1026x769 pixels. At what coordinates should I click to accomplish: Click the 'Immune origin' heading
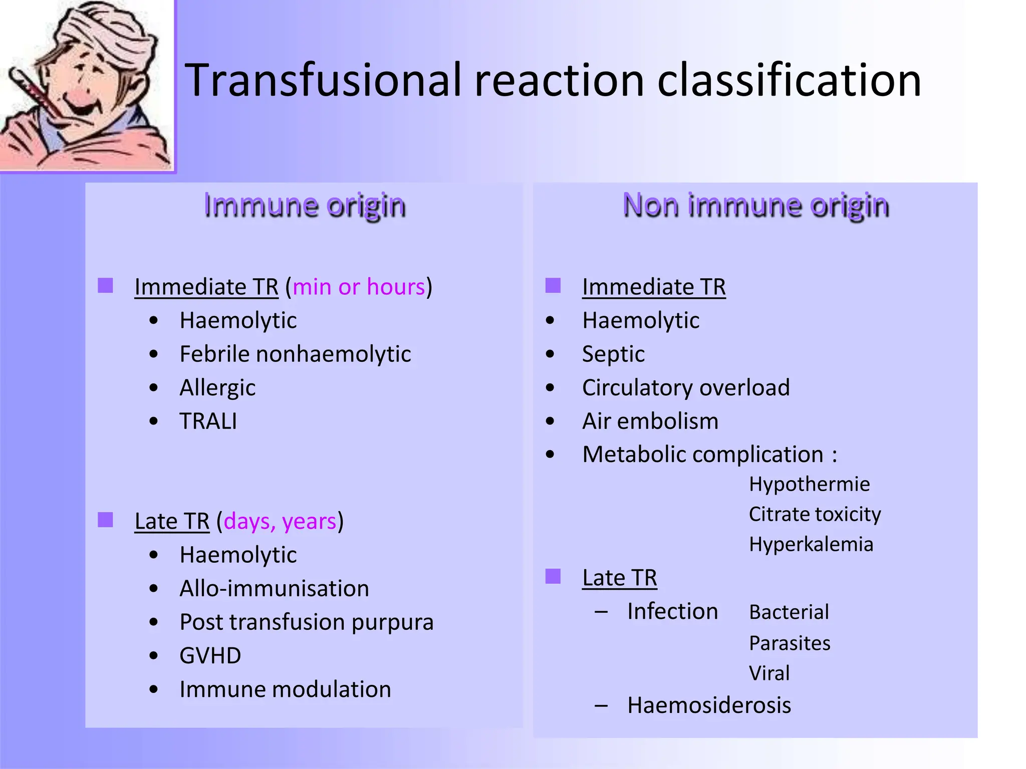pyautogui.click(x=305, y=205)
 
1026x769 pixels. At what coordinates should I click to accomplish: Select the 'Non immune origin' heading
pyautogui.click(x=755, y=205)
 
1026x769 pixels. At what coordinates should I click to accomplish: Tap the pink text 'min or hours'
pyautogui.click(x=359, y=287)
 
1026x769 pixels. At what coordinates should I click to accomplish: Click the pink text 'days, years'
pyautogui.click(x=280, y=522)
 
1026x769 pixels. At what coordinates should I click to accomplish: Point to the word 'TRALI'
pyautogui.click(x=208, y=421)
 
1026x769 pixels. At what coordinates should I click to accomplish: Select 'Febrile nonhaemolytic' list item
pyautogui.click(x=295, y=354)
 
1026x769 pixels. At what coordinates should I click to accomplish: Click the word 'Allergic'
pyautogui.click(x=217, y=388)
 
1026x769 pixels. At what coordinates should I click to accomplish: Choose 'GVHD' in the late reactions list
pyautogui.click(x=210, y=656)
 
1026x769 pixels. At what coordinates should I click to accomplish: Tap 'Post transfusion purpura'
pyautogui.click(x=306, y=622)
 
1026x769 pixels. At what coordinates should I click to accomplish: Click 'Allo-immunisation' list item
pyautogui.click(x=274, y=589)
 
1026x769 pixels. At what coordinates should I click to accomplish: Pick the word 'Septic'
pyautogui.click(x=613, y=354)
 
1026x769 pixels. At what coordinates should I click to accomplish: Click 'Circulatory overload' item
pyautogui.click(x=686, y=388)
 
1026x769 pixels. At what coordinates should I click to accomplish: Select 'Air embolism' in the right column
pyautogui.click(x=650, y=421)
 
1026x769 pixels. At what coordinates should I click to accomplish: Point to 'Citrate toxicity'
pyautogui.click(x=815, y=515)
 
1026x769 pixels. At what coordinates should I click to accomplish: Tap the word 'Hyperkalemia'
pyautogui.click(x=811, y=545)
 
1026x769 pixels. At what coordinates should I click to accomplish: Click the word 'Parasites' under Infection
pyautogui.click(x=790, y=643)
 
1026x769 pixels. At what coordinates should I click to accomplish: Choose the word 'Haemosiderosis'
pyautogui.click(x=709, y=705)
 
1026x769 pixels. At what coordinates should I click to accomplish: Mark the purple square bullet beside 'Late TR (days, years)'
pyautogui.click(x=105, y=520)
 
